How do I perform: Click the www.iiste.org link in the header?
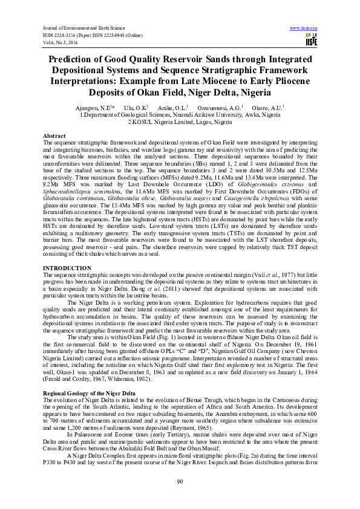[304, 28]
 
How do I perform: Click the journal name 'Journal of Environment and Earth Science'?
[81, 28]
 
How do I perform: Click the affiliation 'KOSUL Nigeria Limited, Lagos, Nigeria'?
[182, 121]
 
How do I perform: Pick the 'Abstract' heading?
[54, 135]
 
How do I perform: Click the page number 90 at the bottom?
[180, 481]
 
